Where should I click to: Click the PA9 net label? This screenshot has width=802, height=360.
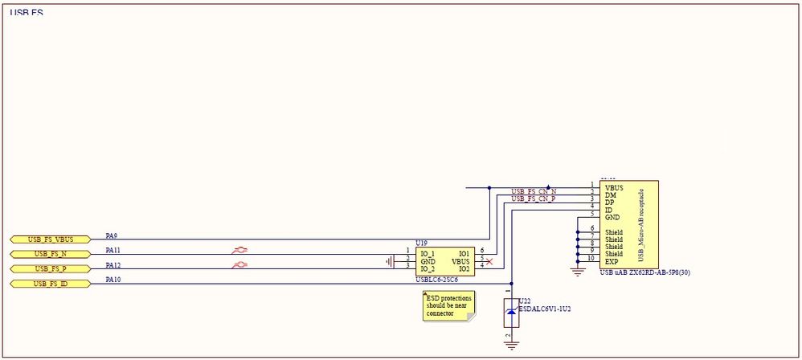(112, 236)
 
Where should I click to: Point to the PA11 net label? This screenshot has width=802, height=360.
(113, 251)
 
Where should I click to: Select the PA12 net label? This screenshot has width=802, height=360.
(113, 265)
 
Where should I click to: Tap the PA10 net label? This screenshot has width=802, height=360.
(113, 280)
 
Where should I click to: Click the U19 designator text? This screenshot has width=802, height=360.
(421, 242)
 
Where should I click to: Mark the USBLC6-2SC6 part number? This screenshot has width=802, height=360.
(436, 280)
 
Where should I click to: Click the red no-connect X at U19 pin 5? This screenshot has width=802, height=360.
(489, 261)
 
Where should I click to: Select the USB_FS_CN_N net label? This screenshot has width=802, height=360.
(534, 191)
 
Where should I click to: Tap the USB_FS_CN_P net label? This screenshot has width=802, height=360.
(534, 198)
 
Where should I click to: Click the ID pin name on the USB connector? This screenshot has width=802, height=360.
(608, 210)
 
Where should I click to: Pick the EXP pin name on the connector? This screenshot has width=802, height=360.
(612, 261)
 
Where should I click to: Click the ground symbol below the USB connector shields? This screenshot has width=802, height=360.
(577, 272)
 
